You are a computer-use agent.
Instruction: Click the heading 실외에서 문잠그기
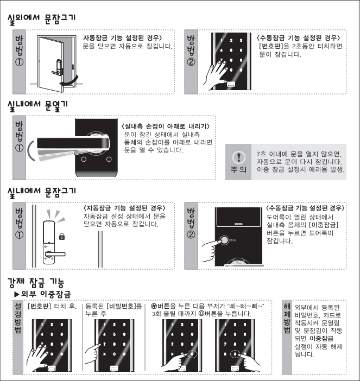tap(42, 19)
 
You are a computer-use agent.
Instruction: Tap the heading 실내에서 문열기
tap(37, 106)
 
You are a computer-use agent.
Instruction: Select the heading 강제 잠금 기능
tap(36, 282)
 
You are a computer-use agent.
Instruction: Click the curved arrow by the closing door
tap(70, 81)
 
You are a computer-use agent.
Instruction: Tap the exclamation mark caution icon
tap(239, 157)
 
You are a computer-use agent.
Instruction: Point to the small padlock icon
tap(62, 236)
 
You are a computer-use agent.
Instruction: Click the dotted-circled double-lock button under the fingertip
tap(225, 240)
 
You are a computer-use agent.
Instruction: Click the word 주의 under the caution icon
tap(238, 169)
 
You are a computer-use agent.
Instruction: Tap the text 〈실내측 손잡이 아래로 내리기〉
tap(166, 126)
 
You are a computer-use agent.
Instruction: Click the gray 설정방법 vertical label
tap(18, 319)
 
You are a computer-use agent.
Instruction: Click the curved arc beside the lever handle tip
tap(30, 151)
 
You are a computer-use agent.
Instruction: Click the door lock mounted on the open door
tap(58, 67)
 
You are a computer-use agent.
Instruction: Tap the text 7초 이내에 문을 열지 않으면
tap(299, 154)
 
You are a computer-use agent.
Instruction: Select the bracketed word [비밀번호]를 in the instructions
tap(124, 307)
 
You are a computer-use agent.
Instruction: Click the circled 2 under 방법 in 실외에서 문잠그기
tap(191, 62)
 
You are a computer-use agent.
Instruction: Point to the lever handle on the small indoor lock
tap(55, 255)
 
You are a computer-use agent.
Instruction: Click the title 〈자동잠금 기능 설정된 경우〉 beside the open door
tap(123, 38)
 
